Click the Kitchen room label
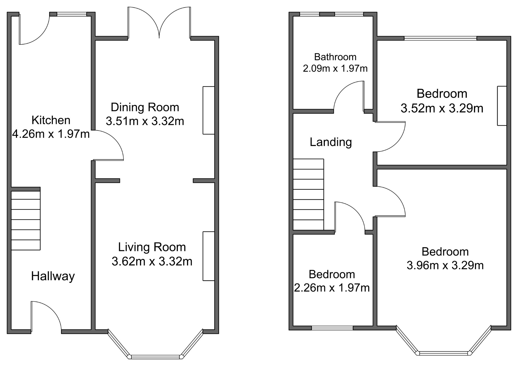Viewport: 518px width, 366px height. tap(51, 120)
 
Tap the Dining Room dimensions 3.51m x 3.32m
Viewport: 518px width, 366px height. tap(145, 121)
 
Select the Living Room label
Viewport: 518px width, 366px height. tap(152, 247)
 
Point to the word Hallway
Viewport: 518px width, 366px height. tap(53, 276)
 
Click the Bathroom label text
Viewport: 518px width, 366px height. tap(335, 57)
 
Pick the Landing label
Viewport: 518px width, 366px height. tap(331, 142)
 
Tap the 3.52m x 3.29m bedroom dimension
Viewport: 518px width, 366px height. tap(442, 108)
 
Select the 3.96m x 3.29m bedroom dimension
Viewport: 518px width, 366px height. tap(445, 265)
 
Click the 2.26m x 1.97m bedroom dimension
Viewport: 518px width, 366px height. tap(332, 288)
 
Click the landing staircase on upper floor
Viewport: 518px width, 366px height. tap(308, 194)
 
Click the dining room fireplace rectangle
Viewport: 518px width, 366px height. tap(209, 110)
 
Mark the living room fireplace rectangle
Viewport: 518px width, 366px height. tap(209, 256)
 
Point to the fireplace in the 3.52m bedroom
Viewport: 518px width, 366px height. tap(502, 106)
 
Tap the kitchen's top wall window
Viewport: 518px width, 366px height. tap(72, 14)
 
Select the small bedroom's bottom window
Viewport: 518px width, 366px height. tap(332, 328)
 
